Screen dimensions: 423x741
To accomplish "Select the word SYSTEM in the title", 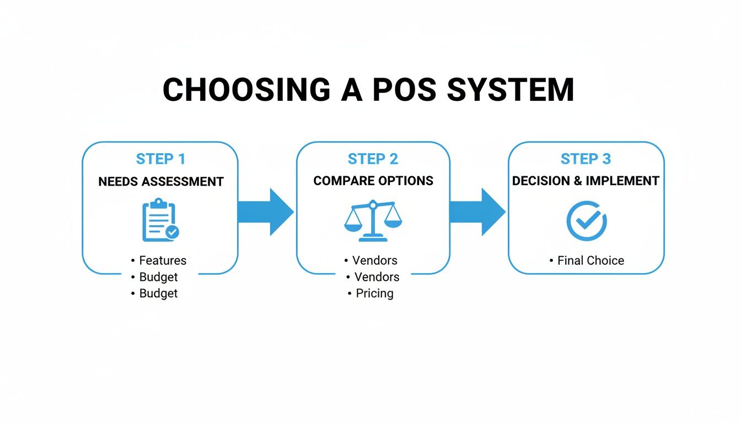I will click(x=511, y=89).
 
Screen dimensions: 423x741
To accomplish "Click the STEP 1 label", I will click(x=160, y=159).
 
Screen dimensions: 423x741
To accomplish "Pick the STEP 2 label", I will click(x=373, y=159).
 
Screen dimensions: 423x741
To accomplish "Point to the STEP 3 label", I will click(x=586, y=159).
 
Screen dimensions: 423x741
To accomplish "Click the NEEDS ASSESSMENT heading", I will click(x=160, y=181).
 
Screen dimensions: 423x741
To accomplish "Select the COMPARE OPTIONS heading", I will click(x=373, y=181).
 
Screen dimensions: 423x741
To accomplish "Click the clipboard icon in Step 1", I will click(x=160, y=220).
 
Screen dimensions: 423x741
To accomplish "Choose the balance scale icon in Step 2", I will click(x=373, y=220).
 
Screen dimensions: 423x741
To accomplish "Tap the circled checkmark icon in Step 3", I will click(x=586, y=220).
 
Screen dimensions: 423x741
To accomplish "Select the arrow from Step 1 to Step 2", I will click(x=265, y=212).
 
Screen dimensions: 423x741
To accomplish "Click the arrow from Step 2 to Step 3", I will click(x=477, y=212).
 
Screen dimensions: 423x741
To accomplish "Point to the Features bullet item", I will click(x=162, y=261).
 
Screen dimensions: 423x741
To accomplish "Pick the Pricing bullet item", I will click(x=374, y=294).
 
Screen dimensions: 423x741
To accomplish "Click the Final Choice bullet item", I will click(x=590, y=261).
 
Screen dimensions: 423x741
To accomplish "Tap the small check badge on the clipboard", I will click(x=173, y=232).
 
